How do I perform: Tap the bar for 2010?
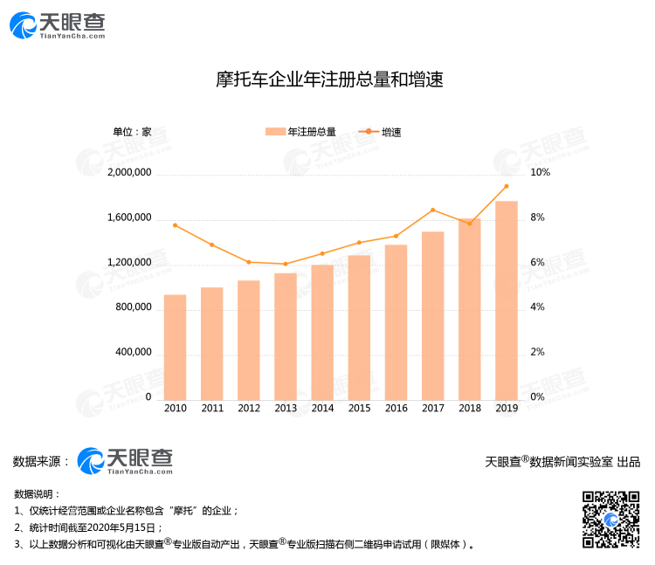point(175,346)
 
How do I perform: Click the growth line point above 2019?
point(506,186)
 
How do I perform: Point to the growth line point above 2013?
point(286,264)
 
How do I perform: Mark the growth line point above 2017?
point(432,210)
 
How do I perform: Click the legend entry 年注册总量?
point(300,132)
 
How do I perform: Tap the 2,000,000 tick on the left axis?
point(129,173)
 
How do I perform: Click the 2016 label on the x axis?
point(396,408)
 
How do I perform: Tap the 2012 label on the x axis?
point(249,408)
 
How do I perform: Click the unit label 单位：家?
point(133,132)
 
